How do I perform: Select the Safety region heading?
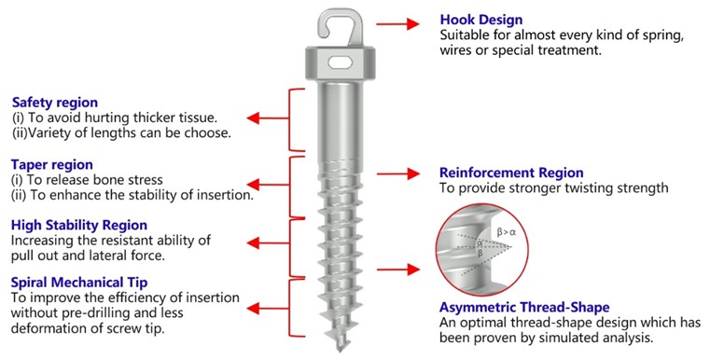pyautogui.click(x=55, y=102)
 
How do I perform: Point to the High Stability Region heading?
pyautogui.click(x=78, y=225)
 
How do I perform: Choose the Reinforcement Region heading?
pyautogui.click(x=511, y=173)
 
